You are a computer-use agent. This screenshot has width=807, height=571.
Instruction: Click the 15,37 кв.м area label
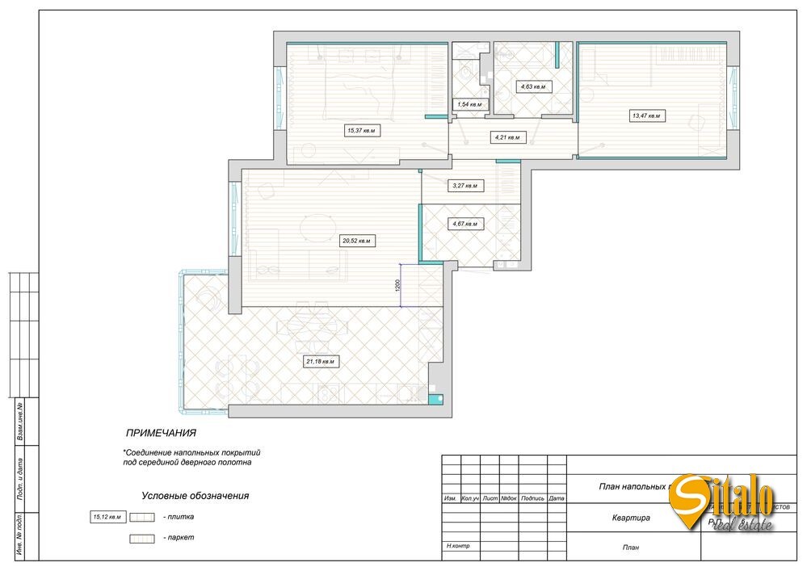pos(362,129)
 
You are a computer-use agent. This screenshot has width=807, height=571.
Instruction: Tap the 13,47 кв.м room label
pos(645,115)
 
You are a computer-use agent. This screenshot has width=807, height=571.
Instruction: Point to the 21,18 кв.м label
pos(319,361)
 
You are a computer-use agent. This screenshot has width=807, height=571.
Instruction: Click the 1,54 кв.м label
pos(469,104)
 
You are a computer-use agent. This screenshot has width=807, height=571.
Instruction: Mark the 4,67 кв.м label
pos(464,224)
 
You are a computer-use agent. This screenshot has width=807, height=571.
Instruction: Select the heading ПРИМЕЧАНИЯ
pos(161,433)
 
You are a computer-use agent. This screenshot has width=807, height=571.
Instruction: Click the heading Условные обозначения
pos(195,496)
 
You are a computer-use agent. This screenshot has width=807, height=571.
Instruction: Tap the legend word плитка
pos(178,517)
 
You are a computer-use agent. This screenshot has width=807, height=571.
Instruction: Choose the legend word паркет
pos(178,537)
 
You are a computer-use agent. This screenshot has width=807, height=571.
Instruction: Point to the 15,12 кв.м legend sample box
pos(107,516)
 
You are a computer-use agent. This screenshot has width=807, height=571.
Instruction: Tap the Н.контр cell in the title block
pos(457,547)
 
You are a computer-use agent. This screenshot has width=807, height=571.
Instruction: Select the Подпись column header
pos(532,498)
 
